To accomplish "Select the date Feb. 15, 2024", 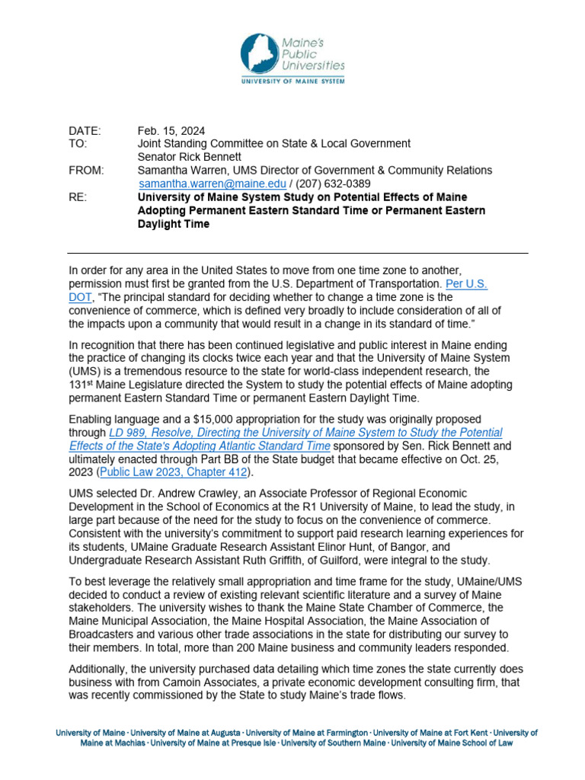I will pyautogui.click(x=171, y=130).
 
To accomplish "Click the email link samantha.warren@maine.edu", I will pyautogui.click(x=213, y=184).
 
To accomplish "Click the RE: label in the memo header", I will pyautogui.click(x=78, y=197).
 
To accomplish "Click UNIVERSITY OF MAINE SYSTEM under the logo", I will pyautogui.click(x=292, y=80).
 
